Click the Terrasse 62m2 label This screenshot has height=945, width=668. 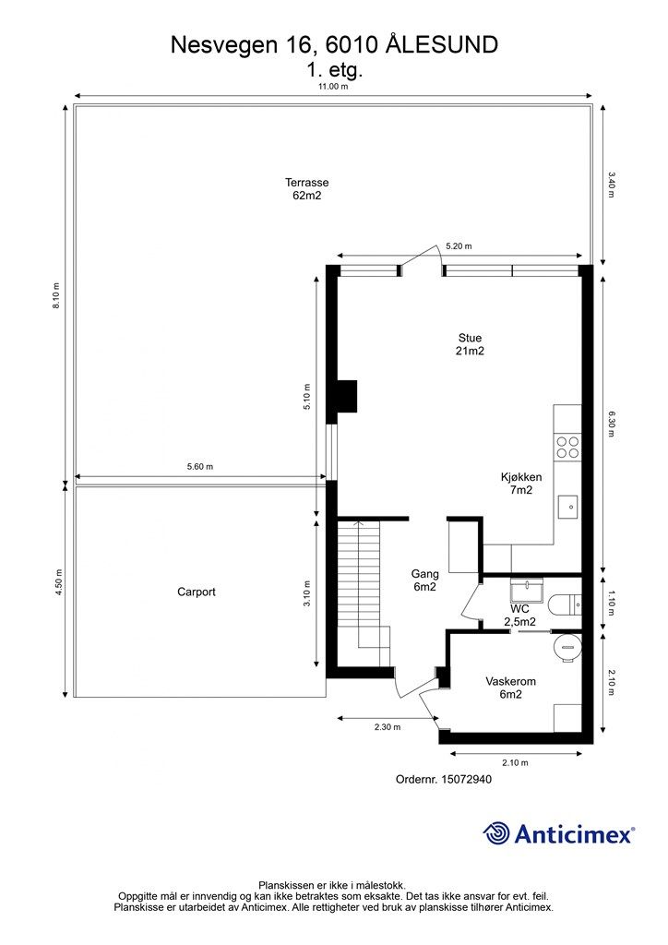307,189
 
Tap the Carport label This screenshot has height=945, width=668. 197,592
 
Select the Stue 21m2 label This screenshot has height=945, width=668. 470,344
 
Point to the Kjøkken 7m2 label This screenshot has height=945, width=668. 521,484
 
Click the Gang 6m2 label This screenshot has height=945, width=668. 424,580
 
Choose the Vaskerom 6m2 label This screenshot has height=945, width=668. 510,688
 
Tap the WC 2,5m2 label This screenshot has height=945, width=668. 520,616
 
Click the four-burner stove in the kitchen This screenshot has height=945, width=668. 567,448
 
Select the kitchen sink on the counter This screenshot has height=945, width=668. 567,506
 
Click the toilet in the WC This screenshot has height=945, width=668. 564,604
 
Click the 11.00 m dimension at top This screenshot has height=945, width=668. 333,86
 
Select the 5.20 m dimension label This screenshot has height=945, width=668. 459,246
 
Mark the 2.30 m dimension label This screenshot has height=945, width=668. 388,727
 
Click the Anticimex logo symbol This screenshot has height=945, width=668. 497,833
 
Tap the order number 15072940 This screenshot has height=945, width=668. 444,779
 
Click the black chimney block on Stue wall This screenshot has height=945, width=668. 347,396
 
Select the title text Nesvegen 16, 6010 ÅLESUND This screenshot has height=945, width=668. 334,43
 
